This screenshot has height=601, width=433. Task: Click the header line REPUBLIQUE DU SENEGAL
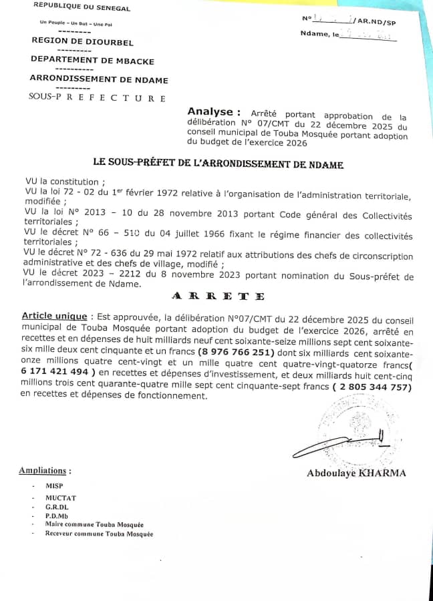point(82,8)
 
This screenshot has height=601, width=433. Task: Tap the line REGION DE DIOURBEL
point(83,41)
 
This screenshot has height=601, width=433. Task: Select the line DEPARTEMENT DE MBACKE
point(92,61)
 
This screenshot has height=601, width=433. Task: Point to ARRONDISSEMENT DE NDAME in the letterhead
point(99,80)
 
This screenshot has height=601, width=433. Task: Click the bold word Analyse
point(210,112)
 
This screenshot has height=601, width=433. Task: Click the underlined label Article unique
point(54,316)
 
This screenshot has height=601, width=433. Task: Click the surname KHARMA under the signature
point(382,473)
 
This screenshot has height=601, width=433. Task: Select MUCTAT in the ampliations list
point(60,498)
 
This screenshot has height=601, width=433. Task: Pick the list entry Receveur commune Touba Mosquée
point(99,534)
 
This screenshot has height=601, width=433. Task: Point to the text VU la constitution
point(64,182)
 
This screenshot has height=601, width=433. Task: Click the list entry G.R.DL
point(57,508)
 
